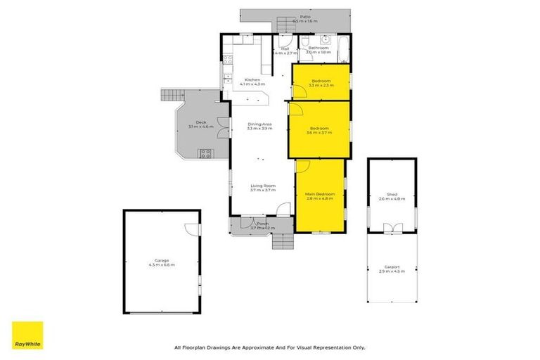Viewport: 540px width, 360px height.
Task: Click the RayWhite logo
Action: click(x=27, y=335)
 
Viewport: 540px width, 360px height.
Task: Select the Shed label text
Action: click(x=392, y=197)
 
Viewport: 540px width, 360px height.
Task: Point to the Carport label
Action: click(x=392, y=269)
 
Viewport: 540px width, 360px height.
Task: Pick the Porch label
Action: click(x=262, y=225)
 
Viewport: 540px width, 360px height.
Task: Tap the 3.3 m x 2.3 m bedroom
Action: click(x=321, y=83)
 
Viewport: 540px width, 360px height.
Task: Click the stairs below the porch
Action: click(x=282, y=241)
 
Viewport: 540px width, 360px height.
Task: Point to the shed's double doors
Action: click(x=392, y=227)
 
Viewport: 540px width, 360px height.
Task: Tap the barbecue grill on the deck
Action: click(x=206, y=153)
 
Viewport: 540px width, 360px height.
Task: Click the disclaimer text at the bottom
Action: click(x=270, y=347)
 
